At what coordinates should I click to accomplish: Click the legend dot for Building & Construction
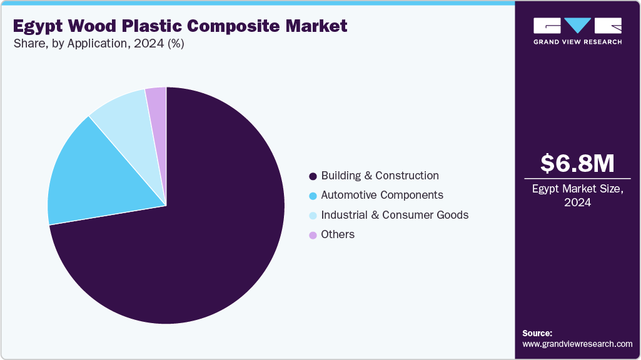tap(313, 176)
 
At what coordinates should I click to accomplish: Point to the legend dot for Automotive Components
tap(313, 196)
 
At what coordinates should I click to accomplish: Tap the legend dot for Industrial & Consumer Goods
tap(313, 216)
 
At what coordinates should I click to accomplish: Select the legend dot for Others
tap(313, 235)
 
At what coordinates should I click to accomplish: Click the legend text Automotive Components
tap(382, 195)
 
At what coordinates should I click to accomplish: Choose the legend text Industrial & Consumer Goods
tap(395, 215)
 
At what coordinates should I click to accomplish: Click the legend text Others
tap(338, 234)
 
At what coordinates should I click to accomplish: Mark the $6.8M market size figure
tap(577, 163)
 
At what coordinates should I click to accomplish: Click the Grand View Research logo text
tap(577, 42)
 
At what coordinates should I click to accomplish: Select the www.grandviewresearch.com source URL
tap(577, 344)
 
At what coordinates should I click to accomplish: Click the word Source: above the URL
tap(537, 333)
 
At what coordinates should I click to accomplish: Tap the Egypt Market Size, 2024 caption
tap(577, 195)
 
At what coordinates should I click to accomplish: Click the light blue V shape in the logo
tap(577, 26)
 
